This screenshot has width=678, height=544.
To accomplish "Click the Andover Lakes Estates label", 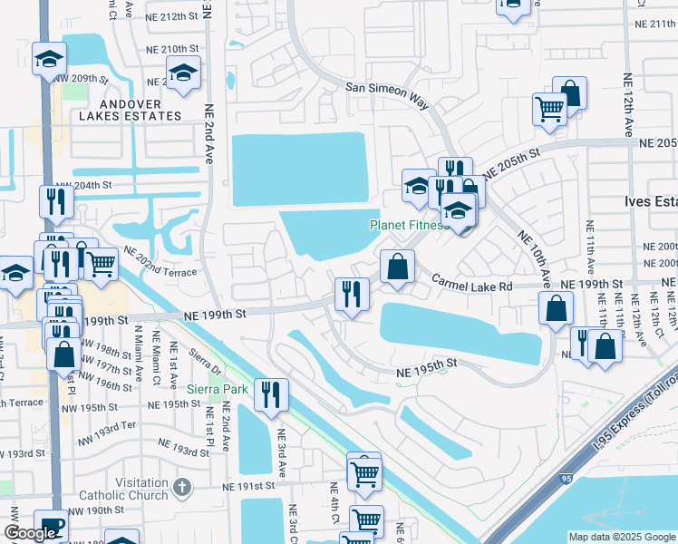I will [x=129, y=111].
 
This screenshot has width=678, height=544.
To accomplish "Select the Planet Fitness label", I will [x=408, y=225].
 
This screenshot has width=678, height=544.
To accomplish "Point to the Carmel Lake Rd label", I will [x=471, y=285].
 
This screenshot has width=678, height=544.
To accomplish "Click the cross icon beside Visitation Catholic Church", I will [x=182, y=488].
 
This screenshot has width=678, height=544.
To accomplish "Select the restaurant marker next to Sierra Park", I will [x=270, y=394].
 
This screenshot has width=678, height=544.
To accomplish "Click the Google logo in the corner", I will [x=30, y=533].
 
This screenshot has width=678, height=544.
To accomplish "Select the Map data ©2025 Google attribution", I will [x=621, y=537].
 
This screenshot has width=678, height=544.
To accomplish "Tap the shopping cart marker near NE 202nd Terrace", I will [x=101, y=264].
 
